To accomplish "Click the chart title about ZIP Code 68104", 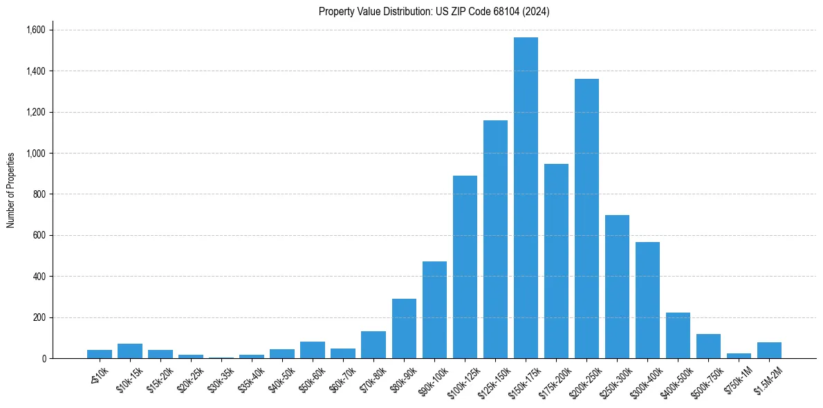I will point(434,12).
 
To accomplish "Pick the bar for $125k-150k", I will point(495,239).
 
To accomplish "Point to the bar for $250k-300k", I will point(617,287).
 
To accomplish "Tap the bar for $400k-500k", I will point(678,335).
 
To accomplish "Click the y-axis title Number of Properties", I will point(11,190).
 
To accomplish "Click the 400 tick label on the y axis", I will point(39,277).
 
